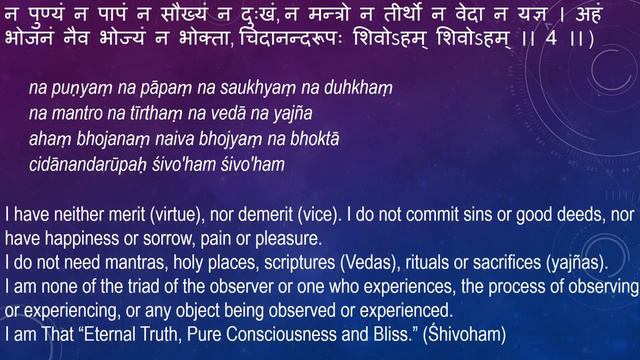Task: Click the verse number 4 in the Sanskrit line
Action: point(577,43)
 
